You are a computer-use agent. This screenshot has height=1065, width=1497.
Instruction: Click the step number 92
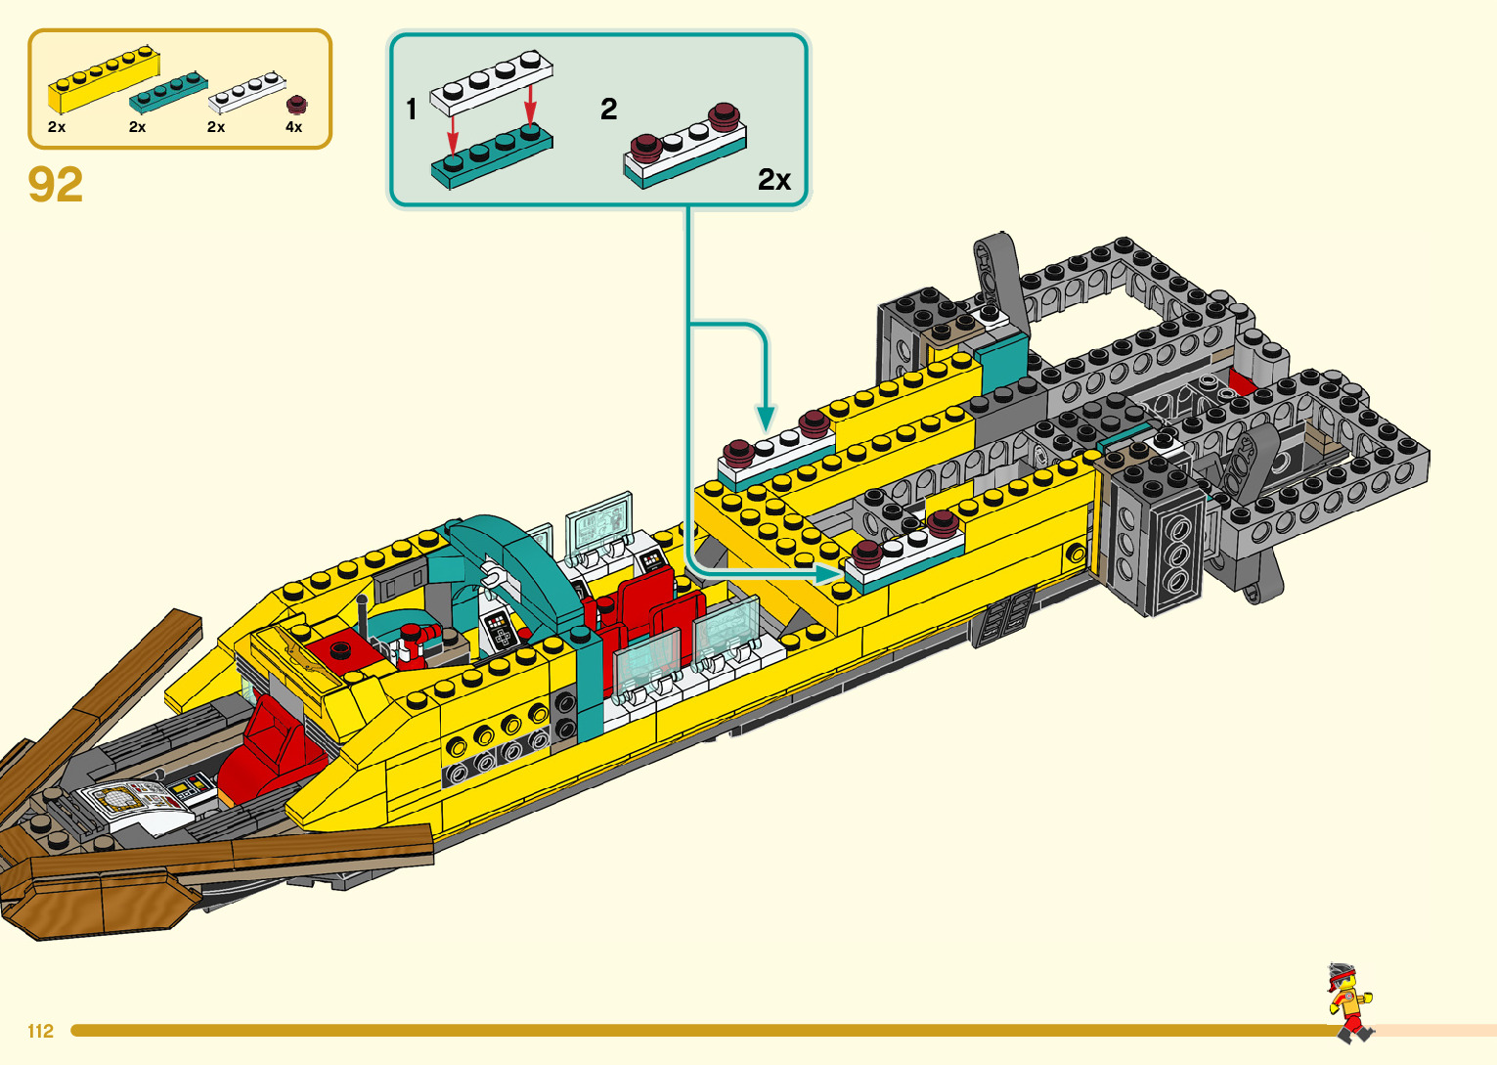coord(56,185)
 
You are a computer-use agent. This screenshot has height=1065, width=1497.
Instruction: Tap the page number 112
coord(41,1031)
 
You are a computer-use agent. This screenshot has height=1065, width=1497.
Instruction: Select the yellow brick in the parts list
coord(103,80)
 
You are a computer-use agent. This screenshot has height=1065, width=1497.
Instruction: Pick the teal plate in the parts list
coord(167,91)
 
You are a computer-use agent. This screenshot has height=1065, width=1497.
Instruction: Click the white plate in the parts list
coord(246,91)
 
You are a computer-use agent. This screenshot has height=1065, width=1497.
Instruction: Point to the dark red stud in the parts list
coord(296,105)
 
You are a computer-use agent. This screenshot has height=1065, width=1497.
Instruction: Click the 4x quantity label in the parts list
coord(293,127)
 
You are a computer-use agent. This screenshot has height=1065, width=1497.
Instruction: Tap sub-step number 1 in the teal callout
coord(412,109)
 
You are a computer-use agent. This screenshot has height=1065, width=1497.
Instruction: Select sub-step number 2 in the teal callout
coord(608,109)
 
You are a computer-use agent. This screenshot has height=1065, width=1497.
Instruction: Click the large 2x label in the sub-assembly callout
coord(773,180)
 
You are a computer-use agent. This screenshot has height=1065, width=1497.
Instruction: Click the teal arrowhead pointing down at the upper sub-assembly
coord(766,419)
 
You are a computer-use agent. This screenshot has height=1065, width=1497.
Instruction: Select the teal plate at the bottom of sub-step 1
coord(492,157)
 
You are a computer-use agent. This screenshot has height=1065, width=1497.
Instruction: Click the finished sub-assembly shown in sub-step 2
coord(684,147)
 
